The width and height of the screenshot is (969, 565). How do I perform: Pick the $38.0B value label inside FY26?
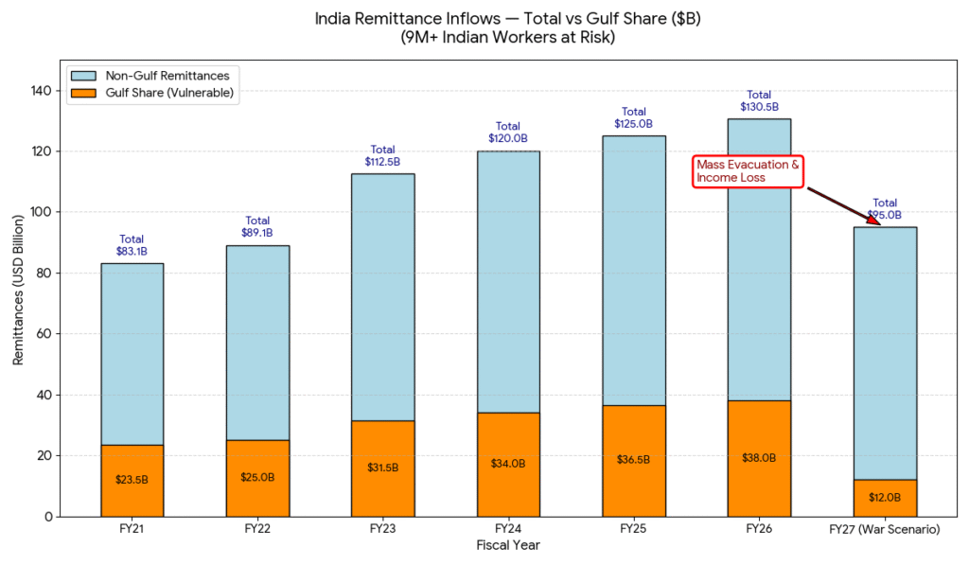(759, 458)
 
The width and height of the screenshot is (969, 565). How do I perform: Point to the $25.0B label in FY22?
(257, 477)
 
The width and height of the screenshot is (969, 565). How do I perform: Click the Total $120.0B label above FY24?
(508, 132)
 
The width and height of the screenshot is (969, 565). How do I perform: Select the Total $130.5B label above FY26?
(759, 100)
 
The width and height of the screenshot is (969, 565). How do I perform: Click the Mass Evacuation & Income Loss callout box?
(748, 171)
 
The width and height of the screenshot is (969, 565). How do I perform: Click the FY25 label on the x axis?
(633, 530)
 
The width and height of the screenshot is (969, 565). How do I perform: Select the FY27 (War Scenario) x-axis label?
(885, 530)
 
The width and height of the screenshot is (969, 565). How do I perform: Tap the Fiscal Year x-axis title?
(508, 546)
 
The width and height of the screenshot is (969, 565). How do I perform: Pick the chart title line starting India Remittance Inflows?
(508, 19)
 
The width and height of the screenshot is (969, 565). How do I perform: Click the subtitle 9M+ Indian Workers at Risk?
(508, 38)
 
